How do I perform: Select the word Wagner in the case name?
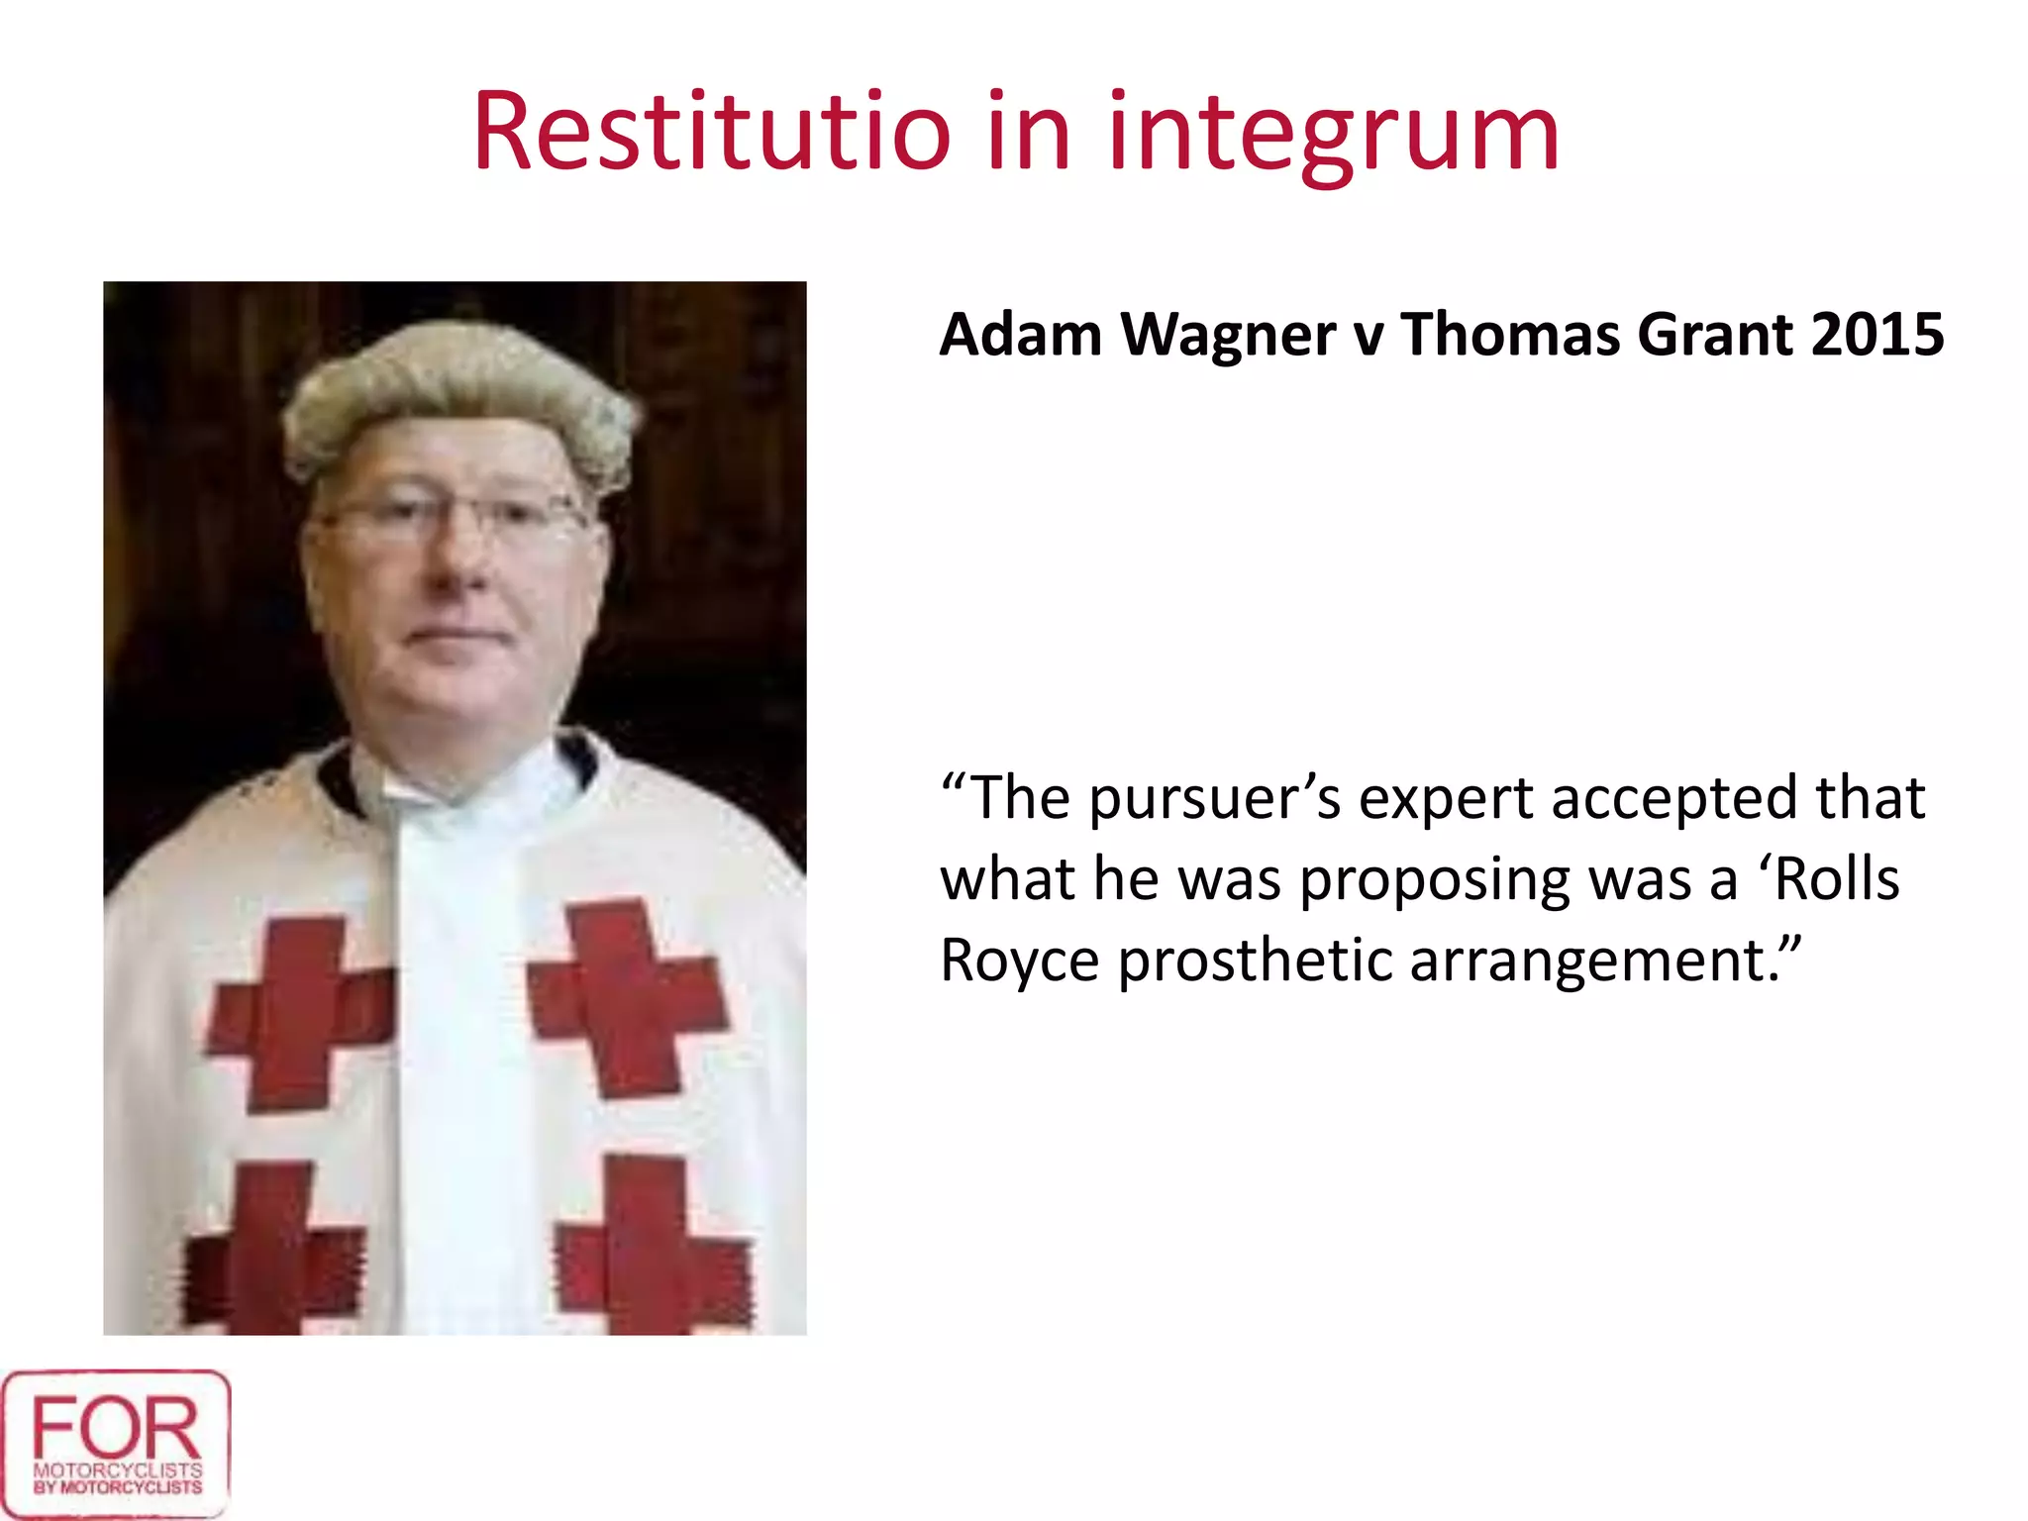tap(1228, 335)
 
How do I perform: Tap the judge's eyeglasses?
tap(451, 514)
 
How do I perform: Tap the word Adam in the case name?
tap(1020, 334)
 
